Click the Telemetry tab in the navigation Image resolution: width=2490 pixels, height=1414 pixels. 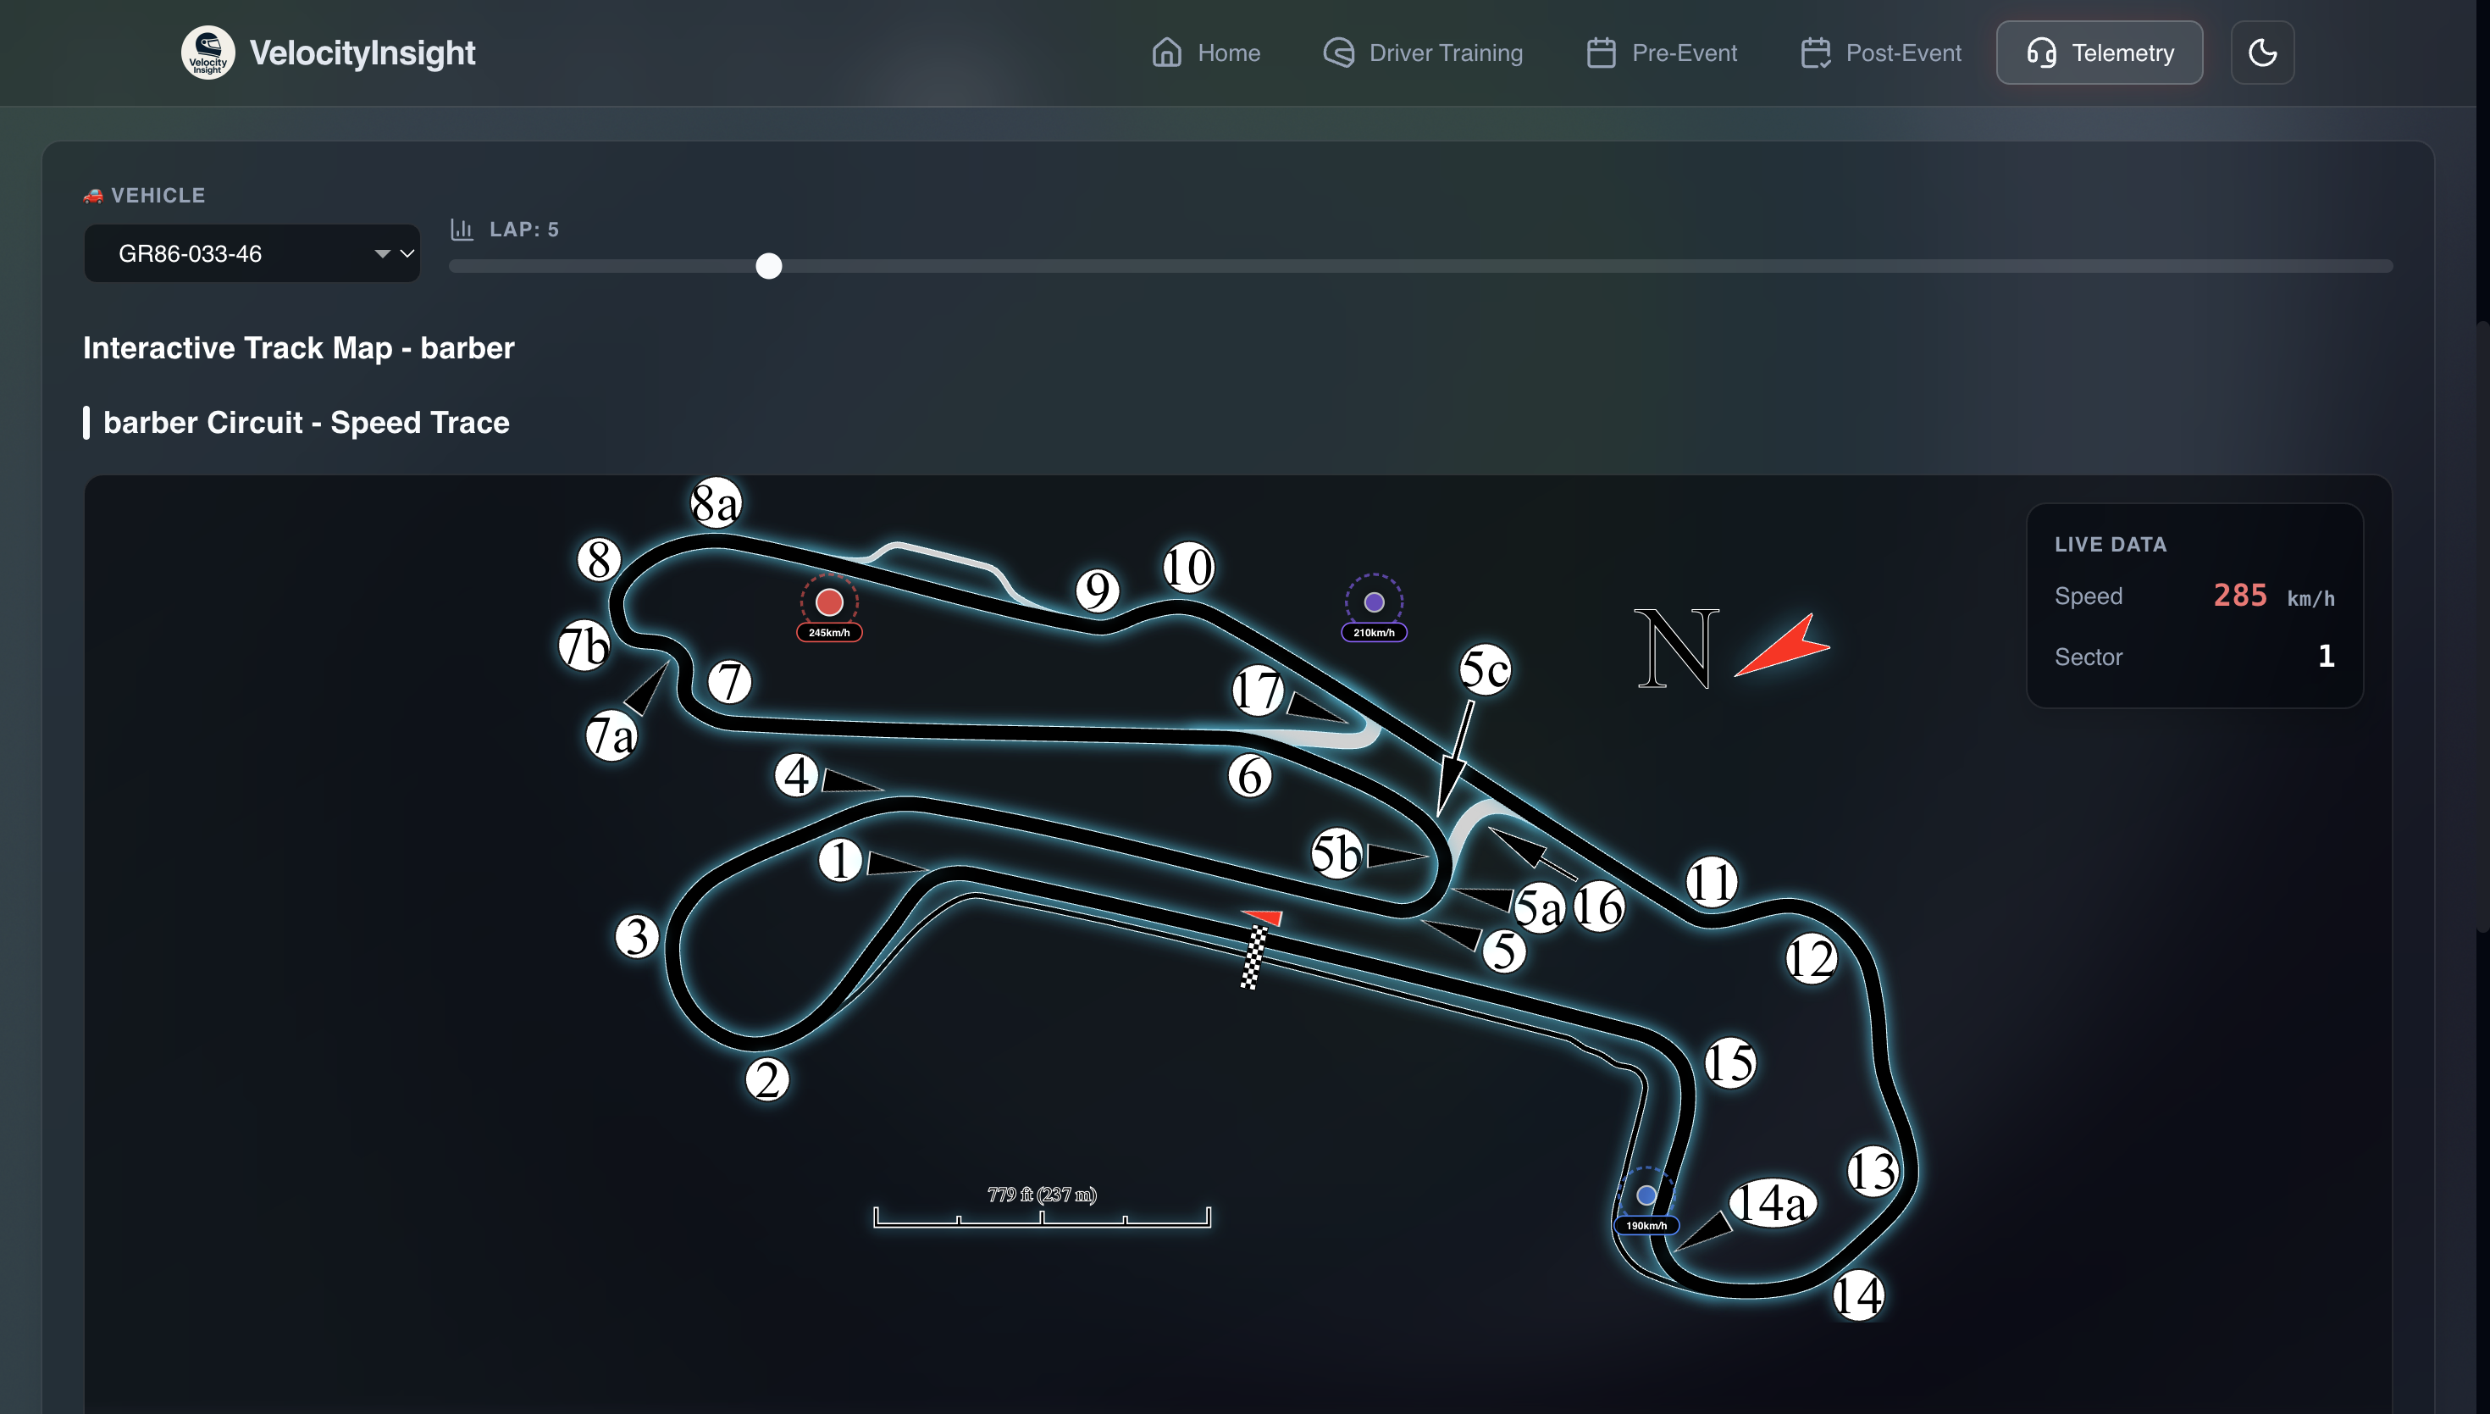click(2099, 53)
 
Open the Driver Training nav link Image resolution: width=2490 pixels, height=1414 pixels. click(1423, 53)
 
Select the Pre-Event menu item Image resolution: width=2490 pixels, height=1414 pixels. click(1661, 53)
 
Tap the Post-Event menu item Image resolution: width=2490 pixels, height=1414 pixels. click(1880, 53)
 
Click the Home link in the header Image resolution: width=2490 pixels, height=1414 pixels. click(1206, 53)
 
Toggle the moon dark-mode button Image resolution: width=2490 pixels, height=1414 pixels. click(2262, 53)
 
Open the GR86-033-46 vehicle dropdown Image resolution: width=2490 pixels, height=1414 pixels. click(252, 253)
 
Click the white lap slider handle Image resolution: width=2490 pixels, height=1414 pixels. click(769, 266)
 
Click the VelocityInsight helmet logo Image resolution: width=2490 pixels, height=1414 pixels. click(207, 53)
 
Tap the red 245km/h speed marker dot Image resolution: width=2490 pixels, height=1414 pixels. click(829, 602)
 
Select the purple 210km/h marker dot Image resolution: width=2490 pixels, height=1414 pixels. click(1374, 602)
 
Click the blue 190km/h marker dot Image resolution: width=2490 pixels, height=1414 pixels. click(1646, 1195)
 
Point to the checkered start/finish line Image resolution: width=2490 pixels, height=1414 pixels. click(1253, 957)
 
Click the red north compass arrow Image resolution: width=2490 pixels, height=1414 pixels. click(1784, 646)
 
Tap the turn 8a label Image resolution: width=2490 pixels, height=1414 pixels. click(716, 503)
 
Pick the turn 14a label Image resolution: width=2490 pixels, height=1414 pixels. click(1772, 1203)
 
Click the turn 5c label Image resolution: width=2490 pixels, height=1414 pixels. click(1485, 669)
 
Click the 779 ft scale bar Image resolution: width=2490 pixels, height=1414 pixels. click(1042, 1216)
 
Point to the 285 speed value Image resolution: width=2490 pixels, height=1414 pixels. click(2239, 596)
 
